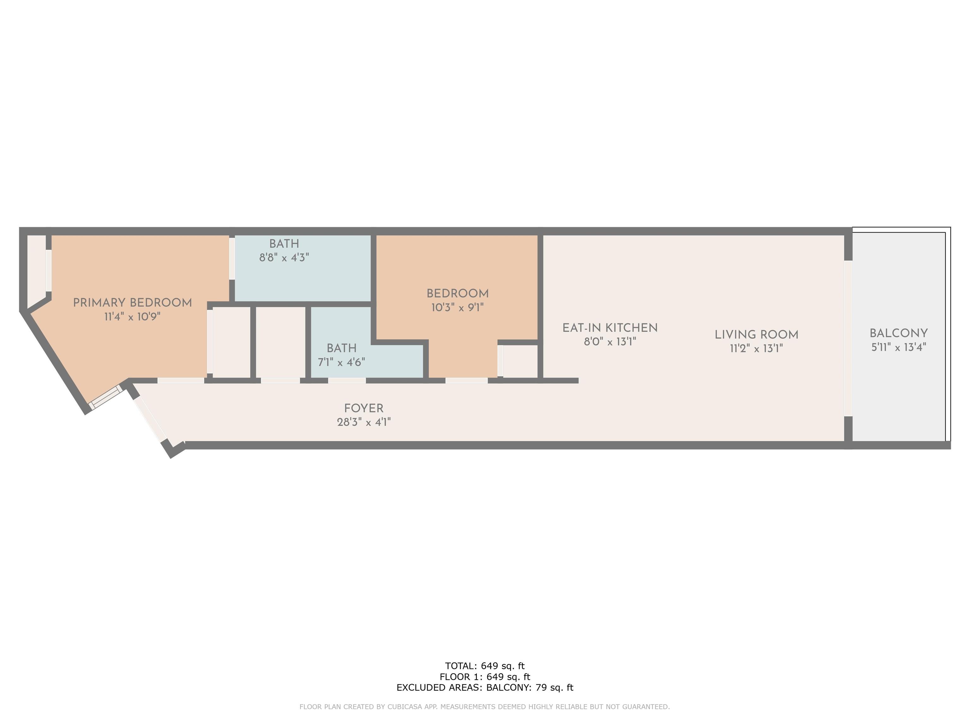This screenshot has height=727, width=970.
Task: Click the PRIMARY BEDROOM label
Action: tap(132, 303)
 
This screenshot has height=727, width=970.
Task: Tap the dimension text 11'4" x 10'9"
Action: tap(132, 316)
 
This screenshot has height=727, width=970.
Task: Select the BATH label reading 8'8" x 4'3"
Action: tap(284, 244)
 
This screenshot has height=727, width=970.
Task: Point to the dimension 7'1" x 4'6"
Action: tap(342, 362)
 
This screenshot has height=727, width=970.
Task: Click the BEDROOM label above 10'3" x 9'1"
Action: tap(458, 293)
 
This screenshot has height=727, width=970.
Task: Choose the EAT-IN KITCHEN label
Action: tap(610, 328)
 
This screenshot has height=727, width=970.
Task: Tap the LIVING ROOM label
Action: tap(757, 335)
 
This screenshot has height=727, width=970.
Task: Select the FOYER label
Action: tap(363, 408)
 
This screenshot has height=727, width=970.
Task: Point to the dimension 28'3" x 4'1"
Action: tap(363, 422)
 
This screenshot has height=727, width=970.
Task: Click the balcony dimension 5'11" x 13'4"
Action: tap(899, 347)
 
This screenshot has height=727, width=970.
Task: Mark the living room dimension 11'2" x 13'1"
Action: tap(757, 348)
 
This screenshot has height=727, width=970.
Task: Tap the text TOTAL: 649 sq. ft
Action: tap(485, 666)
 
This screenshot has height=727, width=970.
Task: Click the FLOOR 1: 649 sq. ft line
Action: tap(485, 677)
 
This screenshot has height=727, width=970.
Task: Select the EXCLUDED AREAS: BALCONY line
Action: tap(485, 688)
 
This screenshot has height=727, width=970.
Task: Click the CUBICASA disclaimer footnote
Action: tap(485, 706)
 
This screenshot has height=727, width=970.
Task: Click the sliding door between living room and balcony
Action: tap(848, 338)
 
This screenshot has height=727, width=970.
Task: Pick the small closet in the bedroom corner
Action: tap(520, 361)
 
